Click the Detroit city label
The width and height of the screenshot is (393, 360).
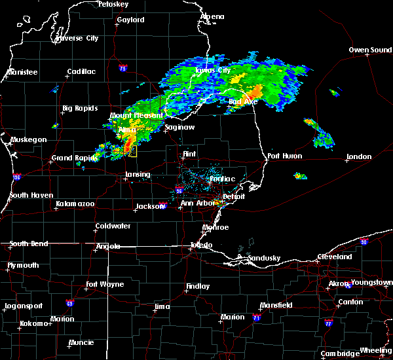[233, 196]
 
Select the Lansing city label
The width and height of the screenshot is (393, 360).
[138, 175]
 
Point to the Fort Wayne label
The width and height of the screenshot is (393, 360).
[105, 285]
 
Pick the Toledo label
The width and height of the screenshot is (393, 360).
[200, 245]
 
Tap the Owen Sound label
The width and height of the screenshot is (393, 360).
[370, 50]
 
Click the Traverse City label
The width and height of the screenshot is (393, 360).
[77, 38]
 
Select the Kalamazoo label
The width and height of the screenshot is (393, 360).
[75, 205]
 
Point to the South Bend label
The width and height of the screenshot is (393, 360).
[29, 243]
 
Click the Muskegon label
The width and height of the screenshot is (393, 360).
[29, 139]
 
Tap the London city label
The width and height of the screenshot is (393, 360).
[359, 156]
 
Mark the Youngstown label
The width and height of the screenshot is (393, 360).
[371, 283]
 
